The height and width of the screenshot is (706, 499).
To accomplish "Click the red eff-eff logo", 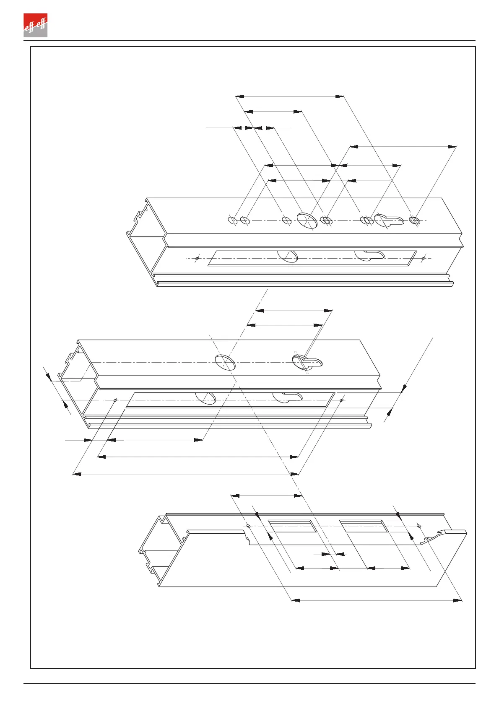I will tap(35, 25).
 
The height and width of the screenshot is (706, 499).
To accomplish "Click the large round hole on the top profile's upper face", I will tap(307, 219).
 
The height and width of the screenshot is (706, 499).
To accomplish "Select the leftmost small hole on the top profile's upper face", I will tap(232, 220).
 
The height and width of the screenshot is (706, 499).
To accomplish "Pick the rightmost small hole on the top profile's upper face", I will tap(415, 220).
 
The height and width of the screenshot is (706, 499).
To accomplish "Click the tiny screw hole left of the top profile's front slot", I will tap(197, 258).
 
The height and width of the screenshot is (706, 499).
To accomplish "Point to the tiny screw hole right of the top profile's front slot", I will tap(424, 258).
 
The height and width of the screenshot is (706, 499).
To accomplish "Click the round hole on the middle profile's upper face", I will tap(225, 362).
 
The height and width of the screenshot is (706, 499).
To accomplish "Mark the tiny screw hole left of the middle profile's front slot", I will tap(115, 400).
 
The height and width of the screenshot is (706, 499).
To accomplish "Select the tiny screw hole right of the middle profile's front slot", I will tap(342, 400).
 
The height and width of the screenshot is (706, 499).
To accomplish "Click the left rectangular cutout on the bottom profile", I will tap(293, 526).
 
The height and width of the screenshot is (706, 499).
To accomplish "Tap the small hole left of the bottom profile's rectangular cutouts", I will tap(248, 525).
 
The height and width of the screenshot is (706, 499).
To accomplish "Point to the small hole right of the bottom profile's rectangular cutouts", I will tap(418, 525).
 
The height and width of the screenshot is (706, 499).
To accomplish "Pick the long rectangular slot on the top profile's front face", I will tap(312, 258).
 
